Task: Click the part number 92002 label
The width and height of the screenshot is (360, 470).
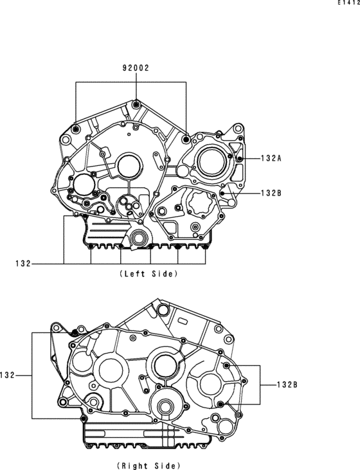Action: (x=136, y=68)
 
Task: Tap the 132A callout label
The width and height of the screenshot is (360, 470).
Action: (x=271, y=158)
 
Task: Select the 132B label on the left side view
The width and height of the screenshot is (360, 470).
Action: (x=271, y=193)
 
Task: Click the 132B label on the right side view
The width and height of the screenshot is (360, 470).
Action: (x=287, y=384)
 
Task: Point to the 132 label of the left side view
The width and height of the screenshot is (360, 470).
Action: (x=23, y=264)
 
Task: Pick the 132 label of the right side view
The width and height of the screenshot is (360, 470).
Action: (x=7, y=375)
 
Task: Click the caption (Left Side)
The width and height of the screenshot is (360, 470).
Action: (x=148, y=274)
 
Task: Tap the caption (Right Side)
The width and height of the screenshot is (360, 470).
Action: (x=148, y=465)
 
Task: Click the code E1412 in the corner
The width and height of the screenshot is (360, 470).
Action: (x=349, y=3)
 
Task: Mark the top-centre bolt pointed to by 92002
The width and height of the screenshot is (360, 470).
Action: (x=136, y=104)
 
